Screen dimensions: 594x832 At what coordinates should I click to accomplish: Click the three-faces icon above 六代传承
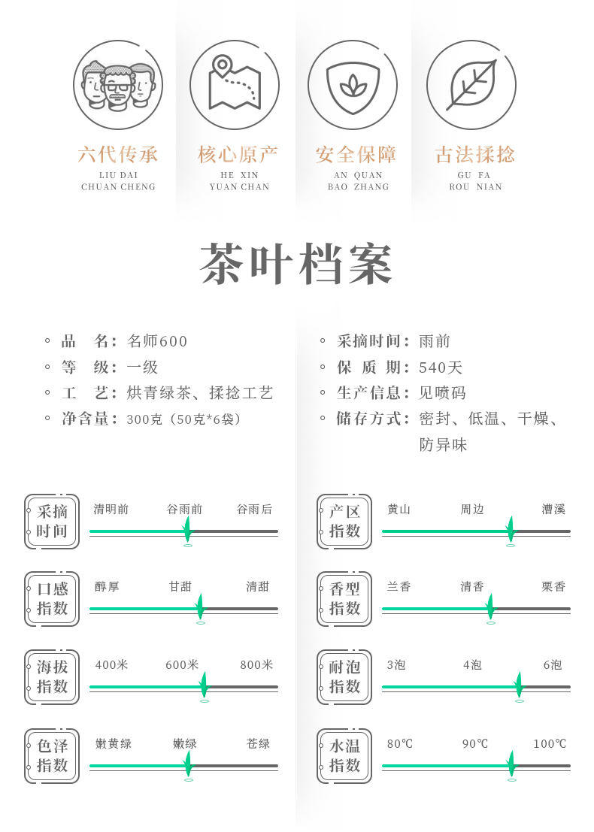click(x=118, y=84)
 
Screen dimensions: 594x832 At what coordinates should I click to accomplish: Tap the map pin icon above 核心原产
click(x=235, y=84)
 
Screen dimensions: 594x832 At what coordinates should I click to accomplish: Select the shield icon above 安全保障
click(x=353, y=84)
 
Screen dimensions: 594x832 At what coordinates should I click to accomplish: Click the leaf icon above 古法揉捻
click(x=471, y=84)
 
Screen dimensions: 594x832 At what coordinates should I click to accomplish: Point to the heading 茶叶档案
click(x=297, y=265)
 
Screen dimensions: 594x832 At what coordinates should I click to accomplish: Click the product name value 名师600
click(x=157, y=341)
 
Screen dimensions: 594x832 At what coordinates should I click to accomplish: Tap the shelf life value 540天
click(x=441, y=368)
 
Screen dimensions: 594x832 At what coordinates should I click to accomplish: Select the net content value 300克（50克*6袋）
click(x=183, y=419)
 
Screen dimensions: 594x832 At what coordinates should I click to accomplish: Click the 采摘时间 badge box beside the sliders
click(x=52, y=522)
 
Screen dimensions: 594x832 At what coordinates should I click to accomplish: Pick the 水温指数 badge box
click(x=344, y=756)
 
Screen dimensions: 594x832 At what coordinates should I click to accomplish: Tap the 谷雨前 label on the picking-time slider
click(x=184, y=510)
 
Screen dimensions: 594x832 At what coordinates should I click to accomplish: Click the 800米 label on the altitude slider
click(x=256, y=665)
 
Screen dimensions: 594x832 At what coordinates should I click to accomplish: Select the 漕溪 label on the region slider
click(x=553, y=510)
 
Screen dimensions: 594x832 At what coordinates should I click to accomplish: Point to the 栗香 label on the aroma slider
click(x=553, y=587)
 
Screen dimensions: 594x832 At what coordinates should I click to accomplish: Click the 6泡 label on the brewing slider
click(x=553, y=665)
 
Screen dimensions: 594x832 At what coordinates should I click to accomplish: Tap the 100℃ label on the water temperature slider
click(x=550, y=744)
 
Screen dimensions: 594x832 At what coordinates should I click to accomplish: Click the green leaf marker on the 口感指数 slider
click(x=199, y=606)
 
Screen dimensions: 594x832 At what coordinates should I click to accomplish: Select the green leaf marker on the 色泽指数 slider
click(x=187, y=763)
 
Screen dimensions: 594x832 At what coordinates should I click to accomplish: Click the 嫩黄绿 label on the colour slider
click(x=114, y=744)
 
